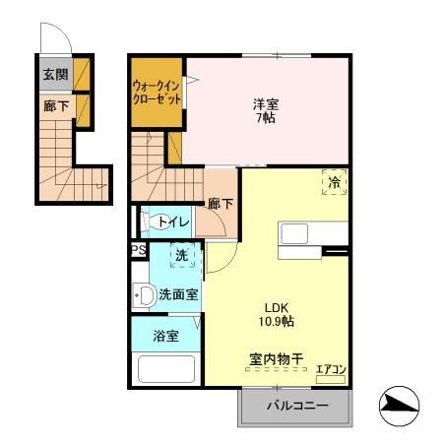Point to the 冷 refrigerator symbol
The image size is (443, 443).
point(334,182)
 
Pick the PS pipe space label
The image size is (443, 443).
point(137,251)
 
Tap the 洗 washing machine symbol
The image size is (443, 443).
point(181,256)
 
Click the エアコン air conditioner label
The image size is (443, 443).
point(331,371)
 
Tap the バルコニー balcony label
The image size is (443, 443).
point(294,406)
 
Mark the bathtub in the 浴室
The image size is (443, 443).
point(167,371)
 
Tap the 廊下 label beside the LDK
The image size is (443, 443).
point(220,204)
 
